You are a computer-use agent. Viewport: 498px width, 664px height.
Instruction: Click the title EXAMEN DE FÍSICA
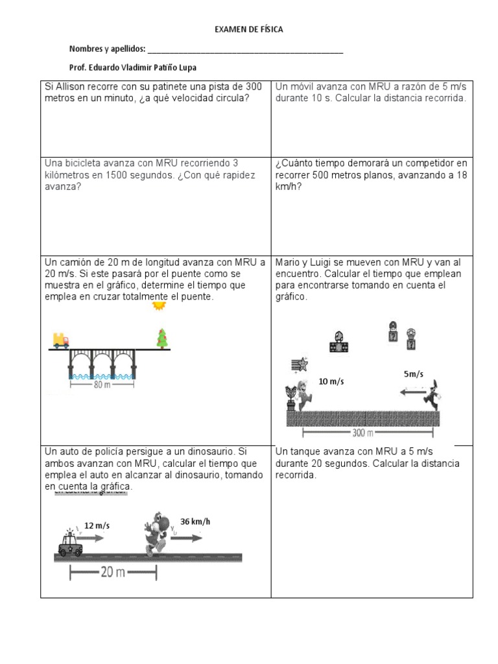[x=249, y=30]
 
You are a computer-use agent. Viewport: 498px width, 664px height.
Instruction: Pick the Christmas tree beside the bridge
[x=161, y=338]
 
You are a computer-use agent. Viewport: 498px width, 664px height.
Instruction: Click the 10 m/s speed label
[x=331, y=381]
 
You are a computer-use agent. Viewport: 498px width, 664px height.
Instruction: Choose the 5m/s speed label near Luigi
[x=413, y=374]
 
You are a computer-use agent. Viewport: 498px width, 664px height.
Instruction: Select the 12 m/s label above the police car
[x=97, y=525]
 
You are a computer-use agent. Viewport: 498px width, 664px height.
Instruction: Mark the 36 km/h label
[x=195, y=521]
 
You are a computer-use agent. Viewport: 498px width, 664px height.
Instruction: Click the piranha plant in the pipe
[x=292, y=397]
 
